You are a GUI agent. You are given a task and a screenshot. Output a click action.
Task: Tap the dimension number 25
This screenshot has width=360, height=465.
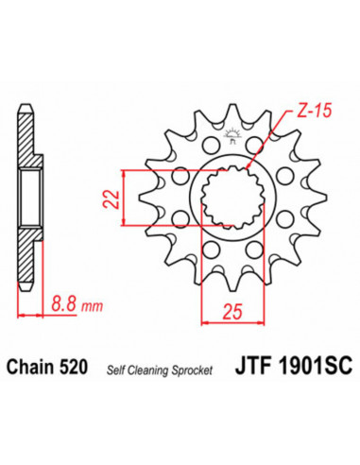(232, 313)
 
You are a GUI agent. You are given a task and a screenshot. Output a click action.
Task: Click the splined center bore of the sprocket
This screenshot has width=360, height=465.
(231, 193)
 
